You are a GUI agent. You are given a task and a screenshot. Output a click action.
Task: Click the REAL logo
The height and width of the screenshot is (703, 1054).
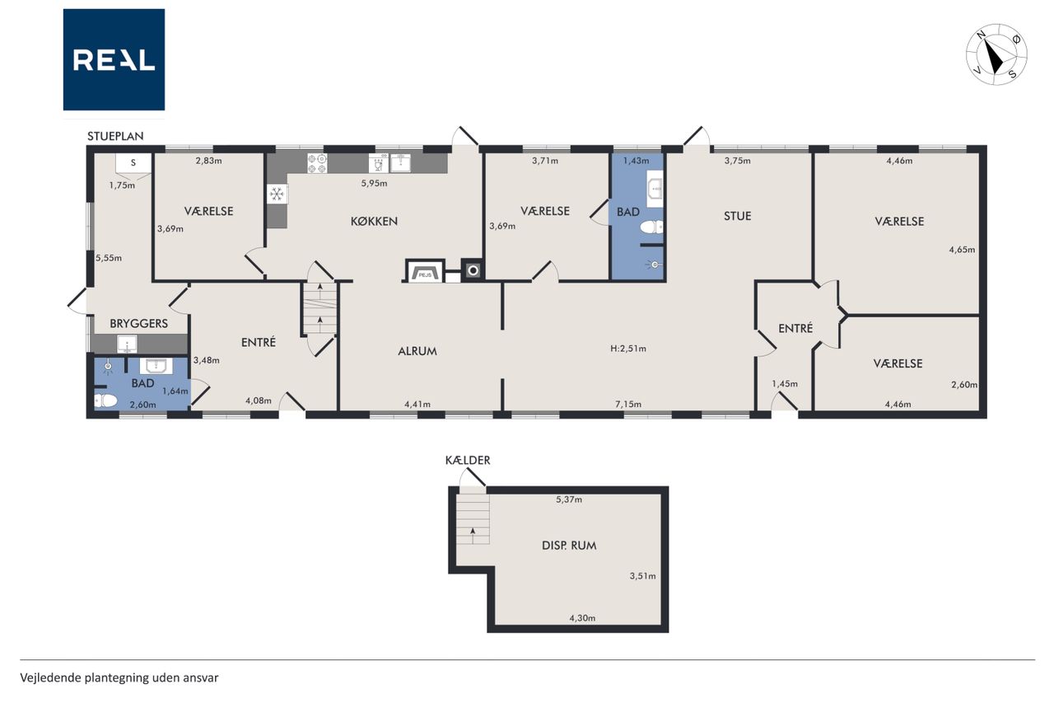[x=114, y=60]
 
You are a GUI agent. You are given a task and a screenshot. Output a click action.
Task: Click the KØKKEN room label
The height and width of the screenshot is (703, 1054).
[x=374, y=222]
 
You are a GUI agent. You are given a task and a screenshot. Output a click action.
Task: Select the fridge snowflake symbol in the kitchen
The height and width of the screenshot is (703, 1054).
[x=277, y=194]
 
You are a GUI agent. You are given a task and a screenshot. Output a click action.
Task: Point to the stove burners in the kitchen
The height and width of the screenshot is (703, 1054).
[x=317, y=163]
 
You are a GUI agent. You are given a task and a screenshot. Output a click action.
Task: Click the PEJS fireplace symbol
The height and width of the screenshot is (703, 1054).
[x=425, y=272]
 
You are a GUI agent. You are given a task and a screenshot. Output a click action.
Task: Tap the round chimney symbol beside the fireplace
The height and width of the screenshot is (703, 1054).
[x=473, y=270]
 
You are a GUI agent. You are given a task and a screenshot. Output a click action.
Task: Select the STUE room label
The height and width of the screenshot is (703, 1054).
[x=737, y=216]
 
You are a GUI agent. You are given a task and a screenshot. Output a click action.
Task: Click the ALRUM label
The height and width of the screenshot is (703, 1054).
[x=417, y=351]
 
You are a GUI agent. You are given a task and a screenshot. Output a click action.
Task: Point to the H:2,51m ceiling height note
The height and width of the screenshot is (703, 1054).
[x=628, y=349]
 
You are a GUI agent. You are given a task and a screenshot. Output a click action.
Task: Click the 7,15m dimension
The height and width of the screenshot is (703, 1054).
[x=628, y=404]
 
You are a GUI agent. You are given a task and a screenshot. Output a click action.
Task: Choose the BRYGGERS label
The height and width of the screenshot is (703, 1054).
[x=139, y=324]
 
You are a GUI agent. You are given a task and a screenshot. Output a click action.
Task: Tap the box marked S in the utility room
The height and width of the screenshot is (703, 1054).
[x=133, y=164]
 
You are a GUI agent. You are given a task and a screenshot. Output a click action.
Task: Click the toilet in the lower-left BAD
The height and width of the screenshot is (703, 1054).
[x=105, y=401]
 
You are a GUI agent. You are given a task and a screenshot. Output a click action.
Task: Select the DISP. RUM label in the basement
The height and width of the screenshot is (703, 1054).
[x=569, y=546]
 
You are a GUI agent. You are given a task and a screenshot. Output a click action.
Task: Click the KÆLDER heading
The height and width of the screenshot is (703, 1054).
[x=468, y=461]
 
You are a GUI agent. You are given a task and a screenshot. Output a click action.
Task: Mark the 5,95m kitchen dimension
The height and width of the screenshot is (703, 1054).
[x=374, y=184]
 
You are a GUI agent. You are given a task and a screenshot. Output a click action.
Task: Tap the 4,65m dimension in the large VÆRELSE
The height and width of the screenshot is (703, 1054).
[x=962, y=250]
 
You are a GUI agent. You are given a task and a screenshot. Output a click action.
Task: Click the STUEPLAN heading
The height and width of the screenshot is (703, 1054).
[x=115, y=136]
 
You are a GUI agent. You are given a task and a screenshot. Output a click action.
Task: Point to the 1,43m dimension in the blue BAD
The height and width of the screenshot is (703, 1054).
[x=637, y=161]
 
